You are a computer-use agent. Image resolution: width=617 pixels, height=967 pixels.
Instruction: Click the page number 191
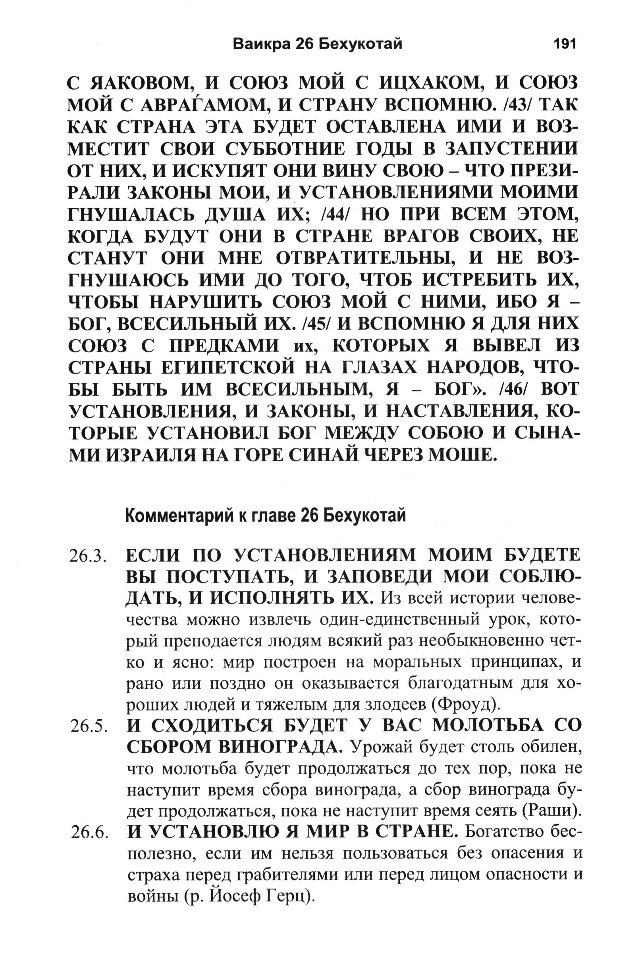coord(565,43)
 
